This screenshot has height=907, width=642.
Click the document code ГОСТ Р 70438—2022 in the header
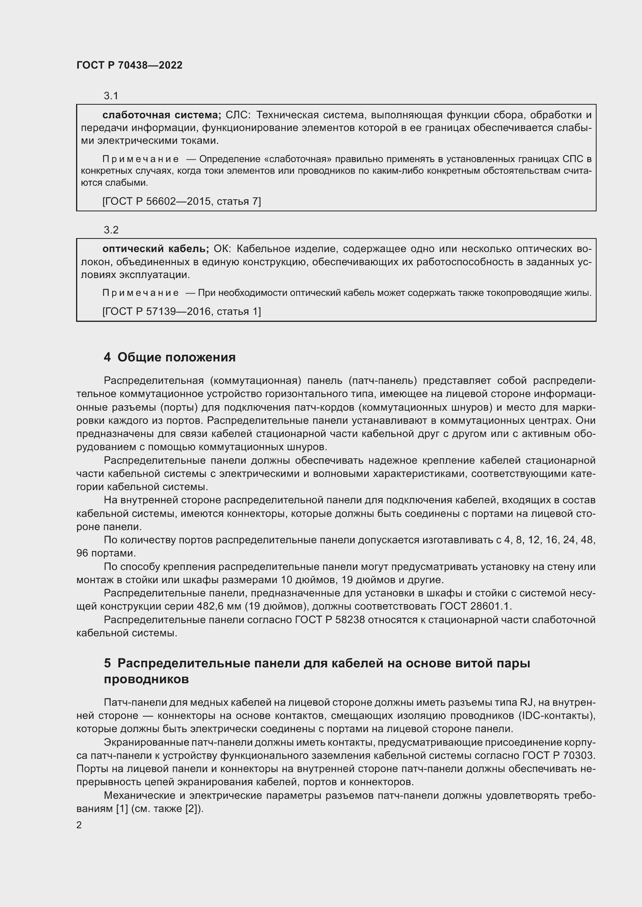[x=129, y=65]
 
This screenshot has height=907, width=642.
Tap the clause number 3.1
[x=111, y=96]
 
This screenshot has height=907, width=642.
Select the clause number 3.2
[x=111, y=230]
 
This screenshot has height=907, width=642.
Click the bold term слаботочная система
[x=161, y=115]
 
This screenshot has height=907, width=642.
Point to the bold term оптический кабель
[x=155, y=249]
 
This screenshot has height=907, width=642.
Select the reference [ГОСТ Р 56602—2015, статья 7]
[x=181, y=202]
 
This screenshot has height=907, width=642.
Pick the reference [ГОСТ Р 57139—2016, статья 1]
[x=181, y=312]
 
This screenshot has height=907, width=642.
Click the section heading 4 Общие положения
[x=170, y=357]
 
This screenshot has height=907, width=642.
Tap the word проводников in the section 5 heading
[x=146, y=679]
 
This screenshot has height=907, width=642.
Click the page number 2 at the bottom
[x=79, y=825]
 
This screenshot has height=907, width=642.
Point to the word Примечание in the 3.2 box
[x=141, y=293]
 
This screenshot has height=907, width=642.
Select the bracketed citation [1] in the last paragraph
[x=121, y=809]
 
